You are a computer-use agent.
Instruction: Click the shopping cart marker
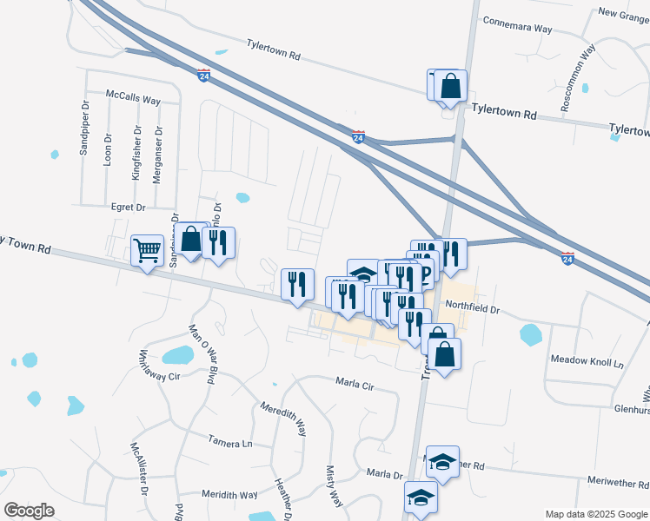click(x=147, y=251)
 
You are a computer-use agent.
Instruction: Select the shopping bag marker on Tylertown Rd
click(x=450, y=87)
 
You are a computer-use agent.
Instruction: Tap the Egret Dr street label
click(x=128, y=208)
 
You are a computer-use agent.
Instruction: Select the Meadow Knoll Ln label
click(x=587, y=359)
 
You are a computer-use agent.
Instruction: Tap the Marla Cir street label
click(x=354, y=383)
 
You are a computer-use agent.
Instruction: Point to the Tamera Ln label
click(x=229, y=443)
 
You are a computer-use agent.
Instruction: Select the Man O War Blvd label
click(x=202, y=353)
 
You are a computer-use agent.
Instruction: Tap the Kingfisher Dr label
click(x=136, y=153)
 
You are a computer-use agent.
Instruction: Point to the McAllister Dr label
click(x=139, y=466)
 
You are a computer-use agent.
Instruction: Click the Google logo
click(x=29, y=510)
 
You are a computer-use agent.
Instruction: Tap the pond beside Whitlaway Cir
click(x=177, y=354)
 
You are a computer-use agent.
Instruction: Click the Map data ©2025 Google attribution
click(x=595, y=513)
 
